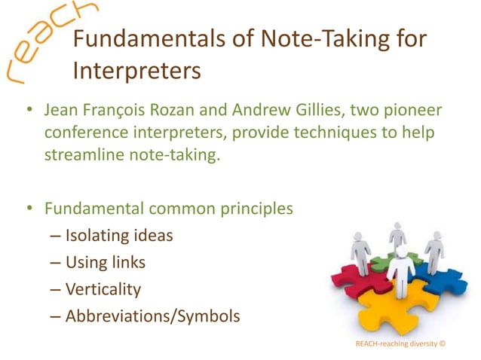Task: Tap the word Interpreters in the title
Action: [136, 72]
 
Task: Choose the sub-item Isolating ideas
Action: [119, 236]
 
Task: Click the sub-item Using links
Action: [105, 262]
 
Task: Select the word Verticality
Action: [103, 289]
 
